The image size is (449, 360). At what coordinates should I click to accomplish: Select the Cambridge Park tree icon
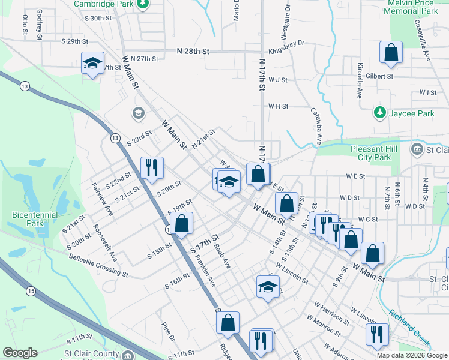(x=142, y=5)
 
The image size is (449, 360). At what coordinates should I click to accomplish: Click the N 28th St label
(x=193, y=52)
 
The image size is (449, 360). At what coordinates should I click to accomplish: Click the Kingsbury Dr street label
(x=287, y=43)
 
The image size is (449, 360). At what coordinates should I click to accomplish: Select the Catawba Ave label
(x=315, y=126)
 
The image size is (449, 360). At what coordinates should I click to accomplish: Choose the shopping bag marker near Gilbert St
(x=391, y=52)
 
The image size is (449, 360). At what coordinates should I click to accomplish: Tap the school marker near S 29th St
(x=92, y=63)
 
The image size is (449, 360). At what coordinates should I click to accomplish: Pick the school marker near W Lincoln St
(x=268, y=286)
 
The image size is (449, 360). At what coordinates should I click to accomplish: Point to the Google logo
(x=20, y=352)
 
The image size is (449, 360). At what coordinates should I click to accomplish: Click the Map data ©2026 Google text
(x=411, y=355)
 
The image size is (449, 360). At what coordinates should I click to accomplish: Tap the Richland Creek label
(x=409, y=329)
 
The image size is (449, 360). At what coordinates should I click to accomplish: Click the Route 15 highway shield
(x=29, y=291)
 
